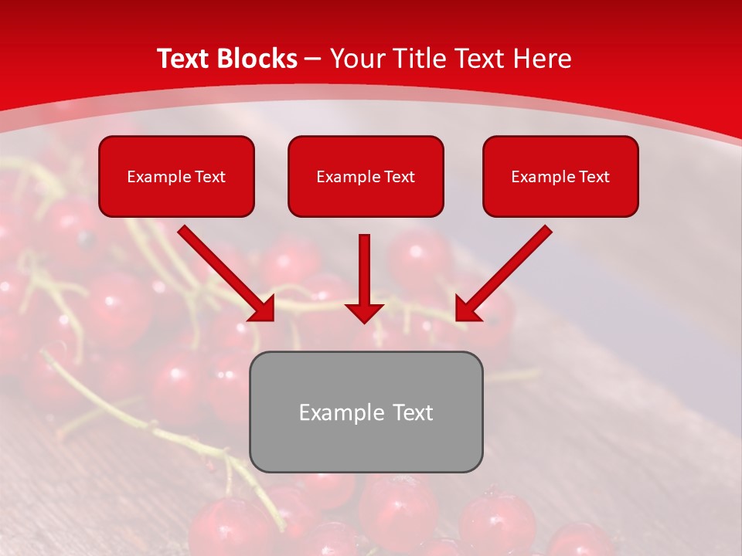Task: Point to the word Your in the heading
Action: click(354, 59)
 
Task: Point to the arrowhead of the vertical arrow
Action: click(364, 312)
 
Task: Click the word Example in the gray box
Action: click(337, 412)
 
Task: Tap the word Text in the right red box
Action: click(594, 177)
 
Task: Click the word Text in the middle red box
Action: click(399, 177)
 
